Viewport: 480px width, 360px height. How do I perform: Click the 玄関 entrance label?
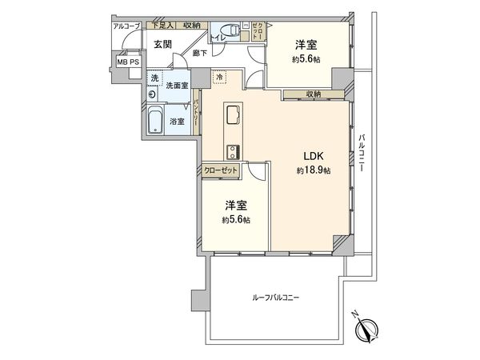click(x=162, y=44)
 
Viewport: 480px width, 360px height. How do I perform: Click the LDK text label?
click(x=313, y=156)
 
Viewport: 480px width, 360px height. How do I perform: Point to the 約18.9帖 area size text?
click(x=313, y=170)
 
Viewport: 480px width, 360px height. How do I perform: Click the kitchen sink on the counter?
click(x=233, y=115)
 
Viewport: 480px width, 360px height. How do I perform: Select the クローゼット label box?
click(x=219, y=170)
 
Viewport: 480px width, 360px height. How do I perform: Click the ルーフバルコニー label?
click(x=277, y=298)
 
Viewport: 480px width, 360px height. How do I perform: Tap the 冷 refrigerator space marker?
click(x=219, y=78)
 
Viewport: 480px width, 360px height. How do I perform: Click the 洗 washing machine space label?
click(x=154, y=78)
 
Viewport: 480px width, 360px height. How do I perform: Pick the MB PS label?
click(x=127, y=61)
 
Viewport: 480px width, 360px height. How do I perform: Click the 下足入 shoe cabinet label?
click(x=163, y=26)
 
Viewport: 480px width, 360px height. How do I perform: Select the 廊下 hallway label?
click(x=200, y=53)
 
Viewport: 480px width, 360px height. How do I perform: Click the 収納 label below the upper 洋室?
click(x=313, y=94)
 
